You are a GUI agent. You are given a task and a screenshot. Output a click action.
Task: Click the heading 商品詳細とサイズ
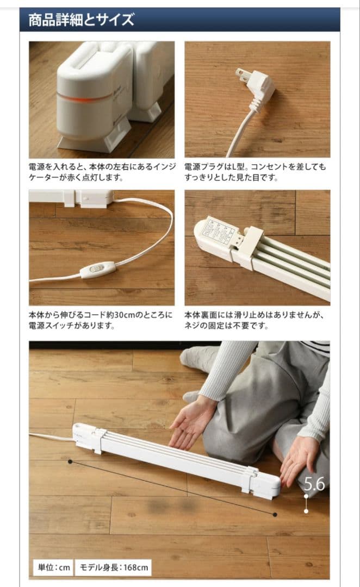tap(81, 21)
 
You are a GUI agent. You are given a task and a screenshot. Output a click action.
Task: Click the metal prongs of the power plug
tap(241, 73)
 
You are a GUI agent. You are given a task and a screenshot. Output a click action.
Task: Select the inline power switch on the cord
tap(98, 269)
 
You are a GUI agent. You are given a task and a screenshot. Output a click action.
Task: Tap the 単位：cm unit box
tap(52, 567)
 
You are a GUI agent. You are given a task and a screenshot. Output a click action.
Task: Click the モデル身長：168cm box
tap(114, 567)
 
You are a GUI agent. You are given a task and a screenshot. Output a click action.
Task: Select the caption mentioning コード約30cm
tap(100, 320)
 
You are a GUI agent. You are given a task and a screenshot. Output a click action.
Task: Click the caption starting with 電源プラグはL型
tap(256, 172)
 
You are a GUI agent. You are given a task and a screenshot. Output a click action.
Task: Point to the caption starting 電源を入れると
tap(100, 172)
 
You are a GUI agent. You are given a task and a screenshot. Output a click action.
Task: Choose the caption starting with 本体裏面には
tap(256, 320)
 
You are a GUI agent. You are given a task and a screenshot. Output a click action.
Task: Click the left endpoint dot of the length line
tap(70, 461)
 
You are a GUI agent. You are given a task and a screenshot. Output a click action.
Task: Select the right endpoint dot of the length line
tap(275, 514)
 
